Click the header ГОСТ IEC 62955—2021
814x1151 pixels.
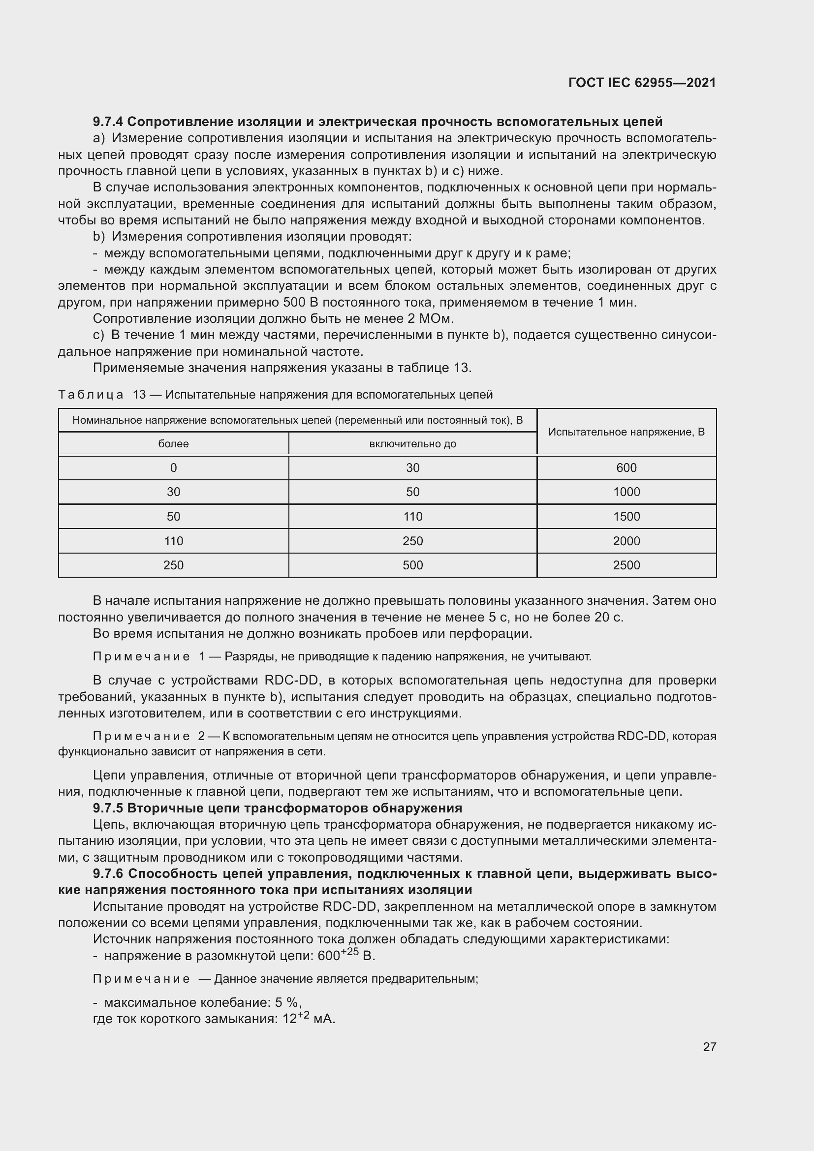point(642,83)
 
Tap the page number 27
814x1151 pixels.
point(709,1047)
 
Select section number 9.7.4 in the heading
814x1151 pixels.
point(109,122)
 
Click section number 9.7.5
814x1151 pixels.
point(109,808)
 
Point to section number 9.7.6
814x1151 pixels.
point(109,874)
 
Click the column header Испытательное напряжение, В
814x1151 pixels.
point(626,432)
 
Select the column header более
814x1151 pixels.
point(173,444)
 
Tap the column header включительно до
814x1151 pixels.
point(412,444)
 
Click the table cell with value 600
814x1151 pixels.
point(626,467)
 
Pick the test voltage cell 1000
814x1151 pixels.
point(626,492)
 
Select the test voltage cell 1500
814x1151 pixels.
point(626,516)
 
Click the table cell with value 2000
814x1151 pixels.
point(626,541)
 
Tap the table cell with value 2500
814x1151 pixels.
point(626,565)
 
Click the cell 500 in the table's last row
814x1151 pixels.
point(412,565)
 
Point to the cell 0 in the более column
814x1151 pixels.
point(173,467)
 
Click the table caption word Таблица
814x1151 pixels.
point(91,395)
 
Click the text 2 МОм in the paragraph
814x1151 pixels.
point(434,319)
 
